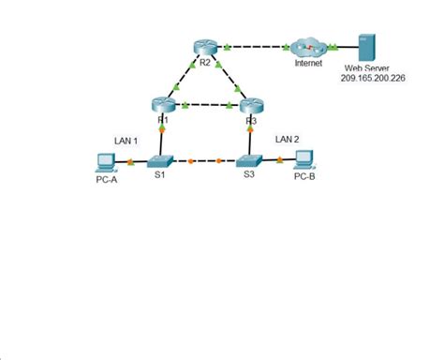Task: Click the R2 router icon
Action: click(205, 47)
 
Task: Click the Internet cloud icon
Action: click(308, 47)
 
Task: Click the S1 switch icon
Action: click(161, 160)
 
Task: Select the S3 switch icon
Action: click(248, 160)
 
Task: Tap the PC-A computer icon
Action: click(105, 161)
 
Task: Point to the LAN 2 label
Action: click(287, 139)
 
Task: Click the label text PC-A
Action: click(106, 180)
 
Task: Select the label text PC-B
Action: click(304, 176)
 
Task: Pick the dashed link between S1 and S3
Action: click(204, 160)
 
